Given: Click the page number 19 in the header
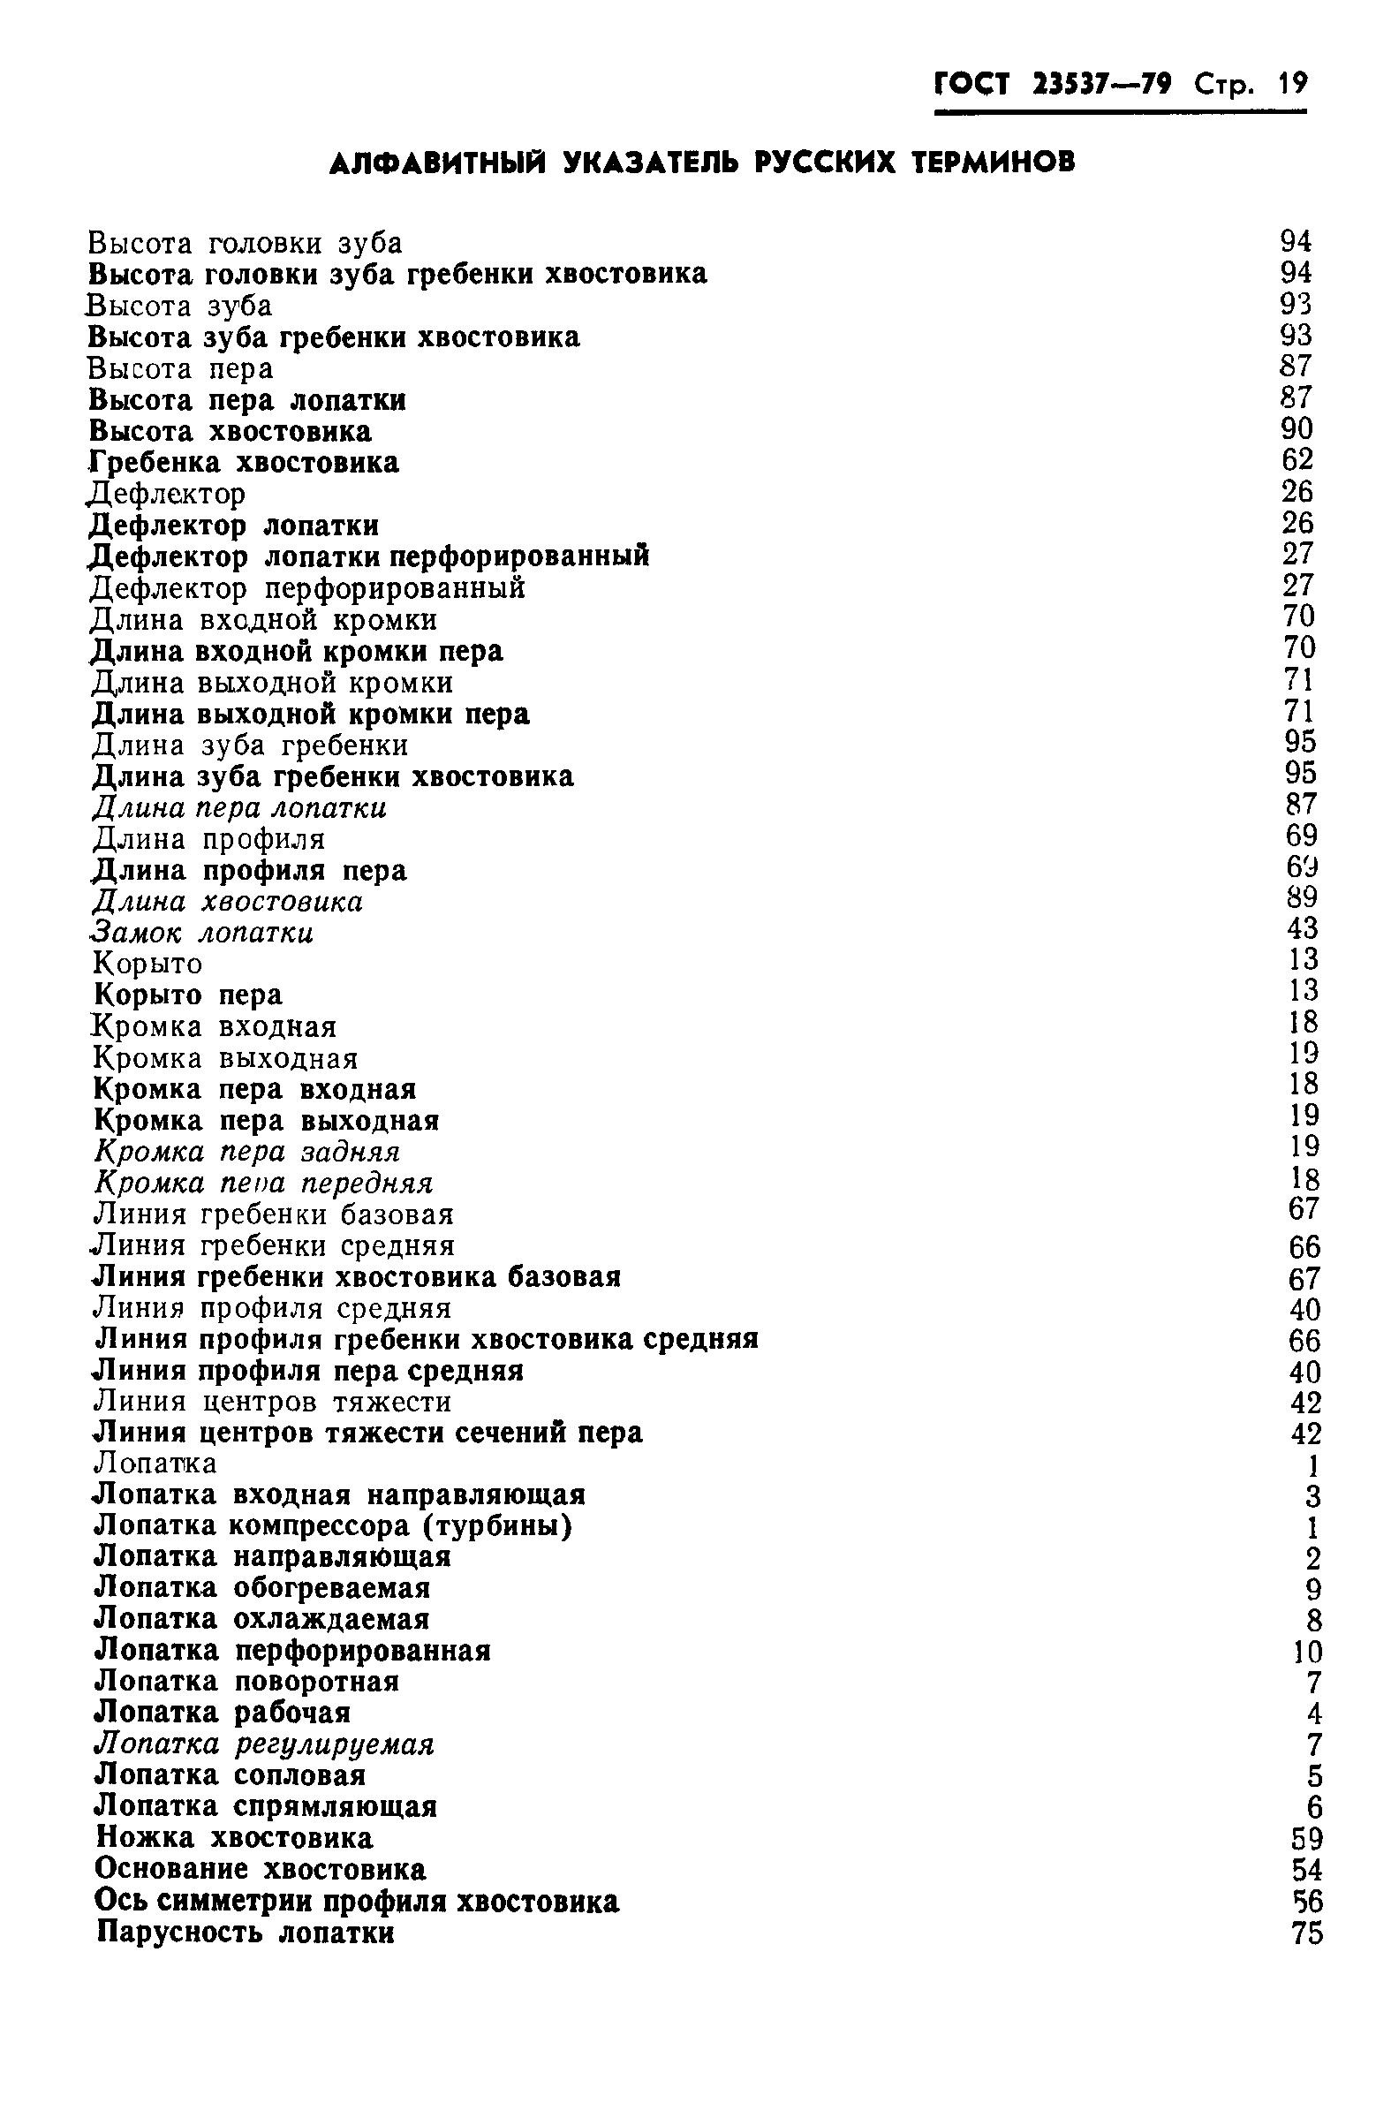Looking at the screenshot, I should pos(1292,84).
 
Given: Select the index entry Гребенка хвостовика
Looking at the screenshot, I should pos(244,463).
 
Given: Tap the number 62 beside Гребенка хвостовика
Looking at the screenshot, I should pos(1297,460).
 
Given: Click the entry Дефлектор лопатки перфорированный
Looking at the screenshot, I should pos(369,556).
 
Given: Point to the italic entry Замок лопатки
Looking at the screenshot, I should pos(203,934).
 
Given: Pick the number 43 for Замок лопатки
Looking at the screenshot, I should pos(1303,928).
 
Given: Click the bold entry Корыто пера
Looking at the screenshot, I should pos(188,995).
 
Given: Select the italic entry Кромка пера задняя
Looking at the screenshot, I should pos(247,1153).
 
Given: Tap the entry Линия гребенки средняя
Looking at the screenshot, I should pos(275,1245).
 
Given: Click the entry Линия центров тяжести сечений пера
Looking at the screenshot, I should pos(369,1433).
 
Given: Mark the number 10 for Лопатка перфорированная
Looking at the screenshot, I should pos(1306,1652).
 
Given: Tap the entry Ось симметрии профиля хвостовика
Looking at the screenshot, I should pos(357,1902).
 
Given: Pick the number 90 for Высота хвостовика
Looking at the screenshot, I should pos(1297,428).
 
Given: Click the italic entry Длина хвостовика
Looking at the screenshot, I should pos(228,902).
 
